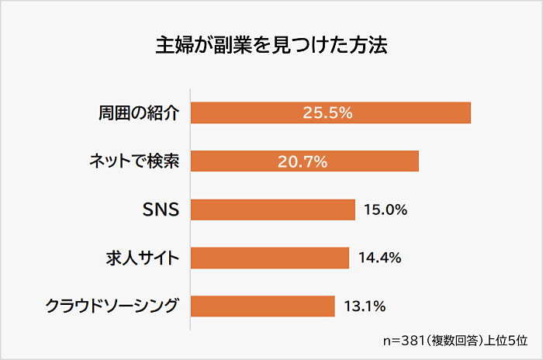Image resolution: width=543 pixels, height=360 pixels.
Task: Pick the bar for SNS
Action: coord(272,209)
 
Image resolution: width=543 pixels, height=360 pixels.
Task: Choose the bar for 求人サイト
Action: coord(269,258)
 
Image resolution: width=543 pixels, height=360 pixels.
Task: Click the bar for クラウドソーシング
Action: coord(262,306)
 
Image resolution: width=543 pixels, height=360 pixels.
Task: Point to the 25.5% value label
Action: coord(327,113)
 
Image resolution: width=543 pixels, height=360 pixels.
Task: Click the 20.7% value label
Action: coord(302,161)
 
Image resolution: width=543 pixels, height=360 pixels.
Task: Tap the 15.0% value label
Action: coord(383,209)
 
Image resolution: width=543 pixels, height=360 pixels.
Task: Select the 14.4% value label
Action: coord(379,258)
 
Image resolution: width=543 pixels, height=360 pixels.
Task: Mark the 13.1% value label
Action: coord(364,306)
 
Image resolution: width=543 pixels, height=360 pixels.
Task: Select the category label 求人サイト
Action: coord(142,258)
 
